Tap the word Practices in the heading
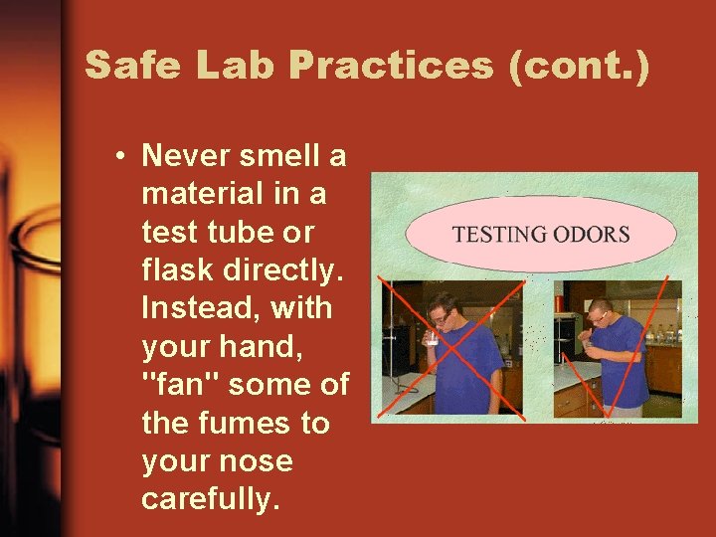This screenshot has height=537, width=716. click(393, 66)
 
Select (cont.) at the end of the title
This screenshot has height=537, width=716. click(579, 66)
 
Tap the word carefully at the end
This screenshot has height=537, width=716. click(206, 499)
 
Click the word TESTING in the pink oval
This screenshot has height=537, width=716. click(498, 236)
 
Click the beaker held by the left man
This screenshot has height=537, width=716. click(432, 339)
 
